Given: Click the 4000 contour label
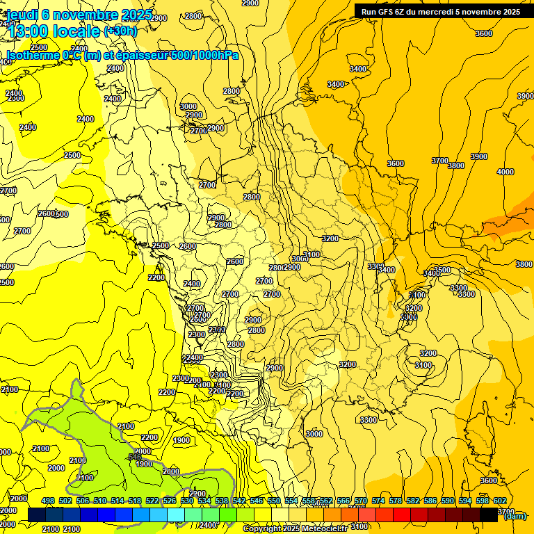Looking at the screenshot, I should pyautogui.click(x=505, y=172).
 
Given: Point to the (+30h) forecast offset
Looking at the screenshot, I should pyautogui.click(x=120, y=31).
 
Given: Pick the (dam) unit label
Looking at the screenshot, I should pyautogui.click(x=515, y=515).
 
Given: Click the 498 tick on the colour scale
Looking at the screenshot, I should pyautogui.click(x=48, y=501).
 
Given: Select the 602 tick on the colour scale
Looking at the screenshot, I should pyautogui.click(x=500, y=501).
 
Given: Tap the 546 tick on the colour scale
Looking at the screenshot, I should pyautogui.click(x=257, y=501).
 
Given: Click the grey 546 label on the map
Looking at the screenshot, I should pyautogui.click(x=134, y=457).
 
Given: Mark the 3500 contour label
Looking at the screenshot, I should pyautogui.click(x=442, y=270).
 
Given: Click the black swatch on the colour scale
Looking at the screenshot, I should pyautogui.click(x=489, y=515).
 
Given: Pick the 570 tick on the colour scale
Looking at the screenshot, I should pyautogui.click(x=361, y=501).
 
